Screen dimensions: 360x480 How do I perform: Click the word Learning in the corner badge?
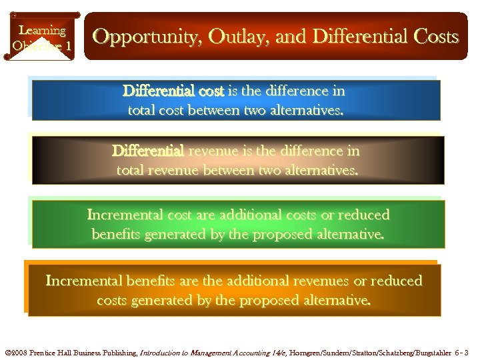pos(42,30)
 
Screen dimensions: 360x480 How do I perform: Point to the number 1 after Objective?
pos(68,46)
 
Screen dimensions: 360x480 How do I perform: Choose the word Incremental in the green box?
pos(125,215)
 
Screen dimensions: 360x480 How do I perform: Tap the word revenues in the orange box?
pos(317,281)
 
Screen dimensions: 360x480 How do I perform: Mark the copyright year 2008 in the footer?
pos(19,351)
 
